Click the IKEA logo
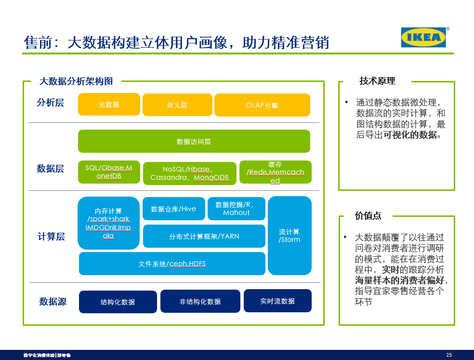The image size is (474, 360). point(423,37)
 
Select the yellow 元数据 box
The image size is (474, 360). point(109,105)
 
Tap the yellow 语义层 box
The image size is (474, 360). point(177,105)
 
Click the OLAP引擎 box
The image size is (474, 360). point(262,105)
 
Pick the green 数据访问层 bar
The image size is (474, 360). point(194,142)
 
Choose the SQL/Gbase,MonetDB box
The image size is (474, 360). point(109,172)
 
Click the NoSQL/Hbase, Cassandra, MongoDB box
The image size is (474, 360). point(189,173)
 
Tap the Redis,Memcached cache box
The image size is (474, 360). point(275,172)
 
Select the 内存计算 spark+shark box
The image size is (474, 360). point(108,223)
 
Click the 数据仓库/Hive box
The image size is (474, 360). point(173,209)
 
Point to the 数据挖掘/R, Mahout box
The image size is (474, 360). point(236,209)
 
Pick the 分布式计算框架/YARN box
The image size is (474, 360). point(204,236)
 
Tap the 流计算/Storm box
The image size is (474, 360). point(290,236)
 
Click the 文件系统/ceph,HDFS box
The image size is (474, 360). point(172,264)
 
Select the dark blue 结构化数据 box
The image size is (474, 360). point(118,302)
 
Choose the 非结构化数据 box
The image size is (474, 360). point(200,301)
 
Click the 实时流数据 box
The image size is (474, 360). point(277,301)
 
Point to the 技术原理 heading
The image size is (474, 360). point(377,81)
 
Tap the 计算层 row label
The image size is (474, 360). point(51,237)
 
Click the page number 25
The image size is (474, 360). point(449,355)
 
